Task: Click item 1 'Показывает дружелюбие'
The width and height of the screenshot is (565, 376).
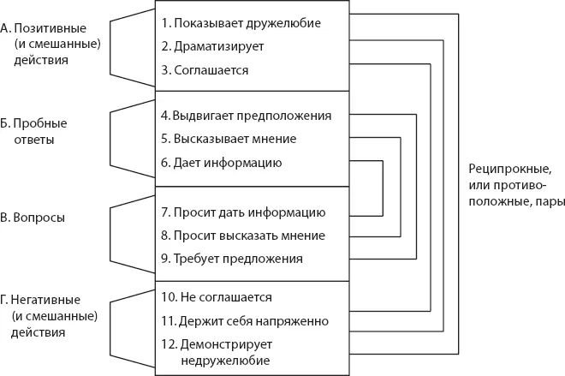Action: point(241,22)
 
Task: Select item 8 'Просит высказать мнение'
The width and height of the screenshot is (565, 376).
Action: point(242,235)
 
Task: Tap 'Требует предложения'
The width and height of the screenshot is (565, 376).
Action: point(231,258)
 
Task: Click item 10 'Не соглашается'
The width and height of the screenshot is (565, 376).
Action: point(217,298)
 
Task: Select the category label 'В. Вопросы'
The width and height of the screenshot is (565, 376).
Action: point(33,218)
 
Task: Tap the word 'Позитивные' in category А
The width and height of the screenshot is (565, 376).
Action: point(43,28)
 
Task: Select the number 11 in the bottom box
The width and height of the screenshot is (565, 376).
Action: point(168,322)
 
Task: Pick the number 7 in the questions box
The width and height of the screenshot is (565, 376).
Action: point(164,211)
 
